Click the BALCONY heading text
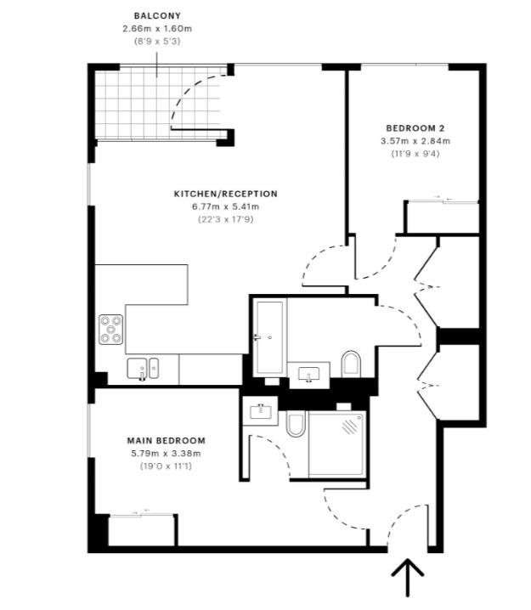click(x=157, y=15)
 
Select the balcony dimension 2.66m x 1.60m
click(x=157, y=28)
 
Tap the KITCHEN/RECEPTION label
click(x=225, y=194)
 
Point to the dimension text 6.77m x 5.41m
click(x=225, y=206)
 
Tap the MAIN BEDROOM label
click(x=166, y=440)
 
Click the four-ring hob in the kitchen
click(x=111, y=328)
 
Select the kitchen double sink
click(x=143, y=369)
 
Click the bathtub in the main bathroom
click(x=269, y=337)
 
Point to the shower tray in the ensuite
click(x=337, y=443)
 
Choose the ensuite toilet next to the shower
click(x=295, y=423)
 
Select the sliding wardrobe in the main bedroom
click(x=141, y=529)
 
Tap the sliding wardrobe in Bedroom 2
click(x=441, y=216)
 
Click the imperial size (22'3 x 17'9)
click(x=225, y=219)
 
